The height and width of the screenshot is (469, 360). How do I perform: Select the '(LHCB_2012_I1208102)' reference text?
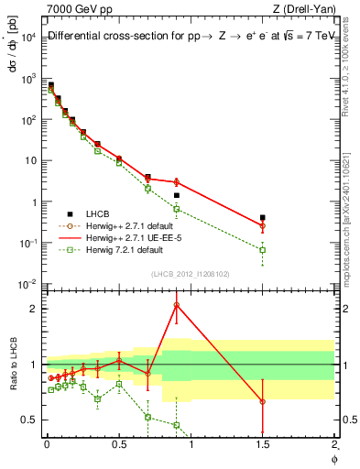click(189, 274)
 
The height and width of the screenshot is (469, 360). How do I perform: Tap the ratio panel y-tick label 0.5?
click(31, 420)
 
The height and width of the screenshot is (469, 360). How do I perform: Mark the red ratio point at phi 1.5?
click(263, 401)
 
